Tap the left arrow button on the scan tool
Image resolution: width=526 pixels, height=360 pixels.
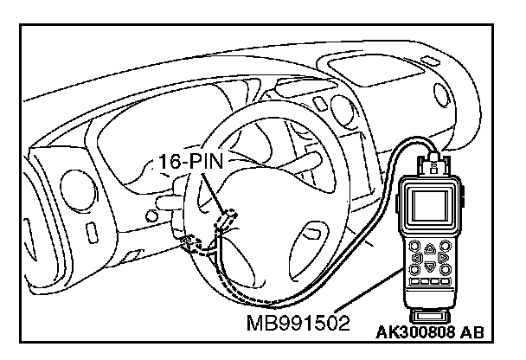pyautogui.click(x=416, y=257)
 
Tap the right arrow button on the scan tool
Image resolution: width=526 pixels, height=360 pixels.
pyautogui.click(x=443, y=257)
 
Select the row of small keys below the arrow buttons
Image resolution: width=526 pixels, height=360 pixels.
pyautogui.click(x=429, y=283)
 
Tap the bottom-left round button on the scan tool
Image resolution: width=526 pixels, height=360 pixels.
pyautogui.click(x=416, y=269)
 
